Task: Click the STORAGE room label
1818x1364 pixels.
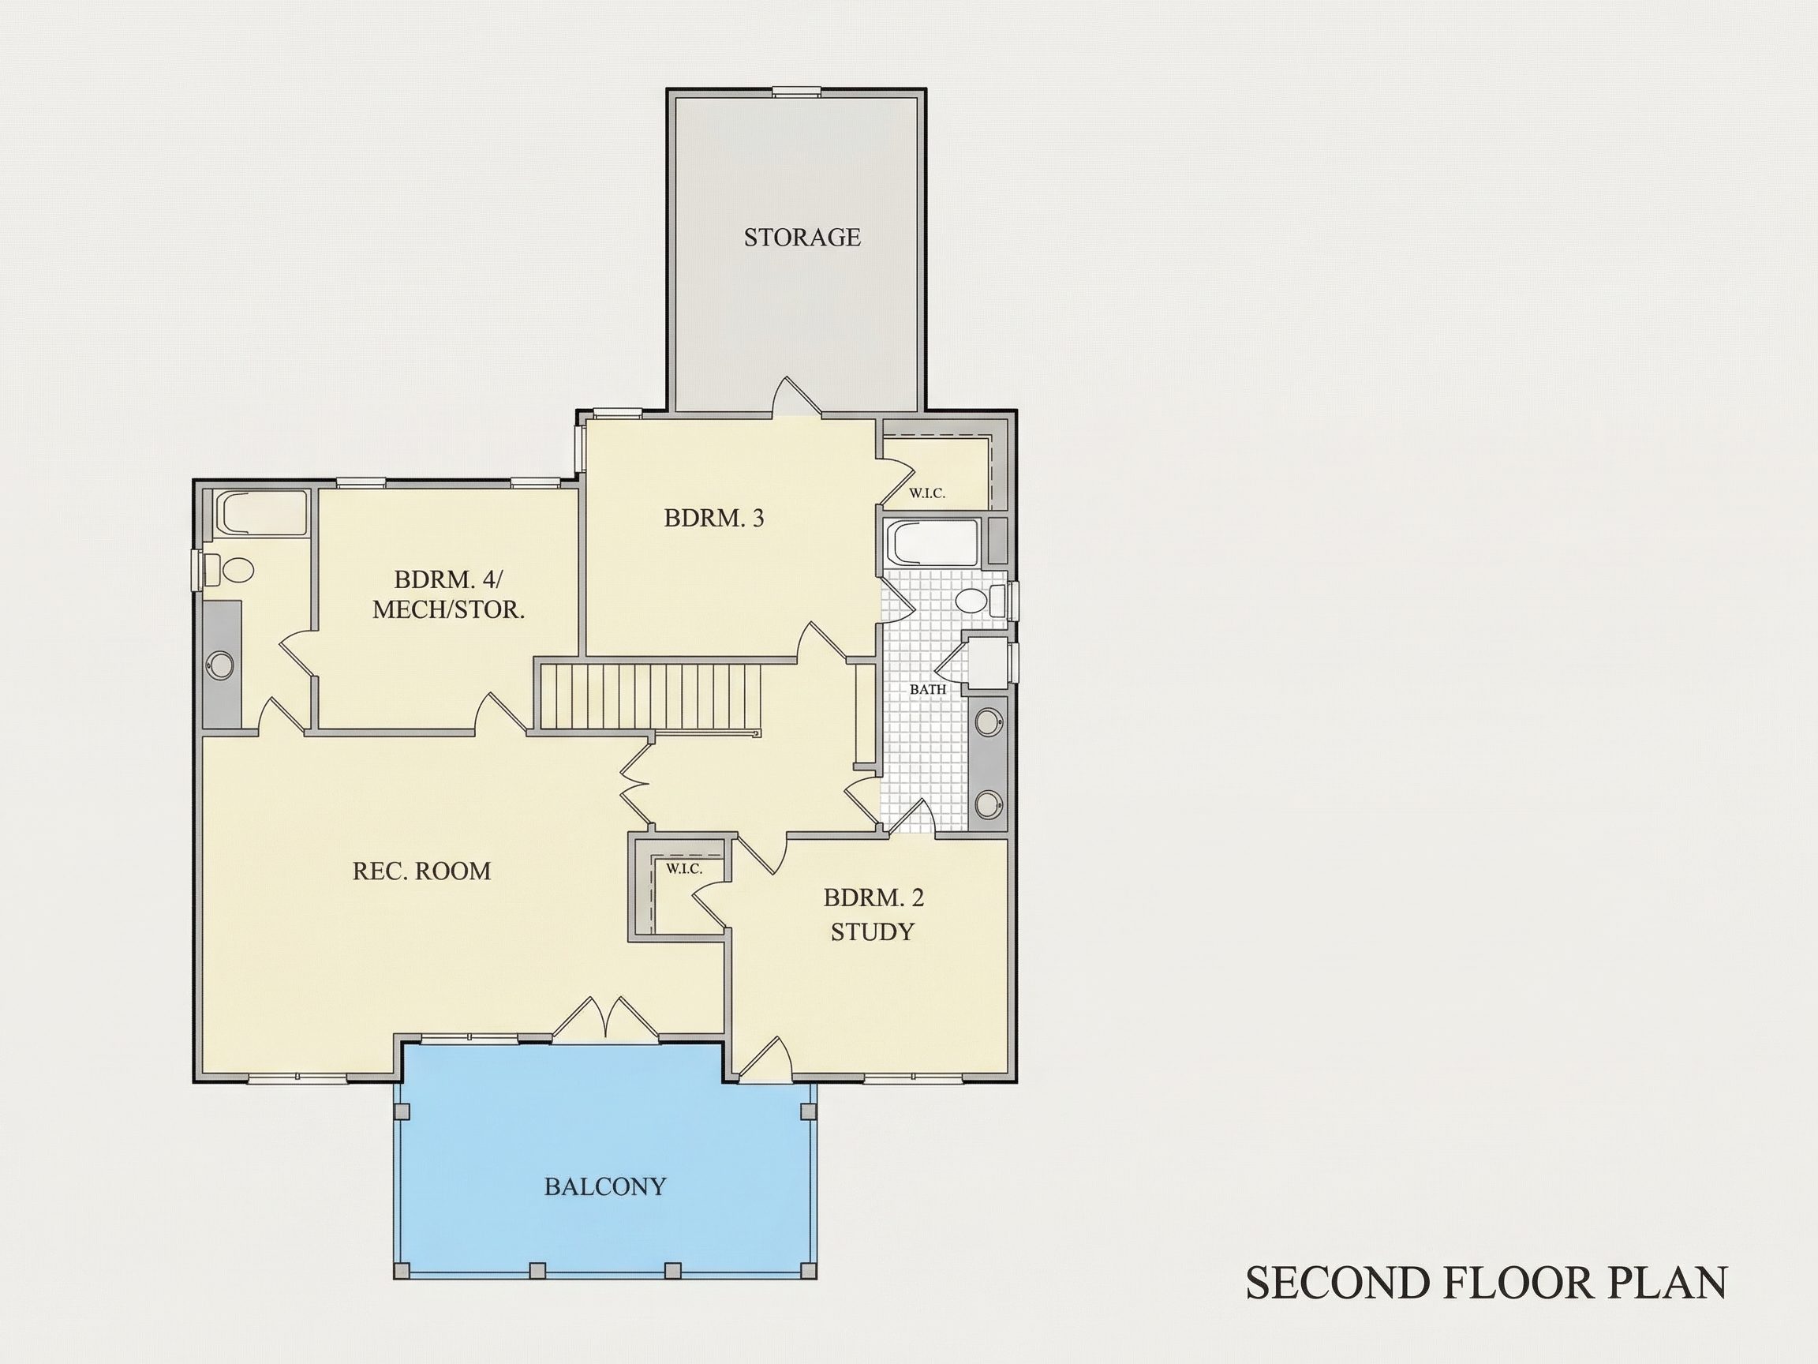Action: pos(802,238)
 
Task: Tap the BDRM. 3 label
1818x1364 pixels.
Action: pos(714,518)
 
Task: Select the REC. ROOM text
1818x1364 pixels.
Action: pos(421,871)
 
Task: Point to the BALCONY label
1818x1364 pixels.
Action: pos(605,1186)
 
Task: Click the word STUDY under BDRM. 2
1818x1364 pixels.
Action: pos(872,932)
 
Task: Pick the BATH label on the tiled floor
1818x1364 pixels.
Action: pos(928,690)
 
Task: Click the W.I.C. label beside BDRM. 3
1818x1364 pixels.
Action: pos(927,493)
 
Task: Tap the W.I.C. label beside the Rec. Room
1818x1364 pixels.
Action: pos(684,869)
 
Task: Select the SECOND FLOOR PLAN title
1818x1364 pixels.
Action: pos(1487,1283)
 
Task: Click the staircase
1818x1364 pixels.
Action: pos(649,696)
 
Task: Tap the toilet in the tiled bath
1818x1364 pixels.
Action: pos(980,598)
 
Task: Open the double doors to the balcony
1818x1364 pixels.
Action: pos(605,1020)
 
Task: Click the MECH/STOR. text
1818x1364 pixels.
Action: pos(449,610)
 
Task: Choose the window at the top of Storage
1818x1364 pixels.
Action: pos(796,92)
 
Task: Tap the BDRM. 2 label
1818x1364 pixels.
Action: pos(873,897)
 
